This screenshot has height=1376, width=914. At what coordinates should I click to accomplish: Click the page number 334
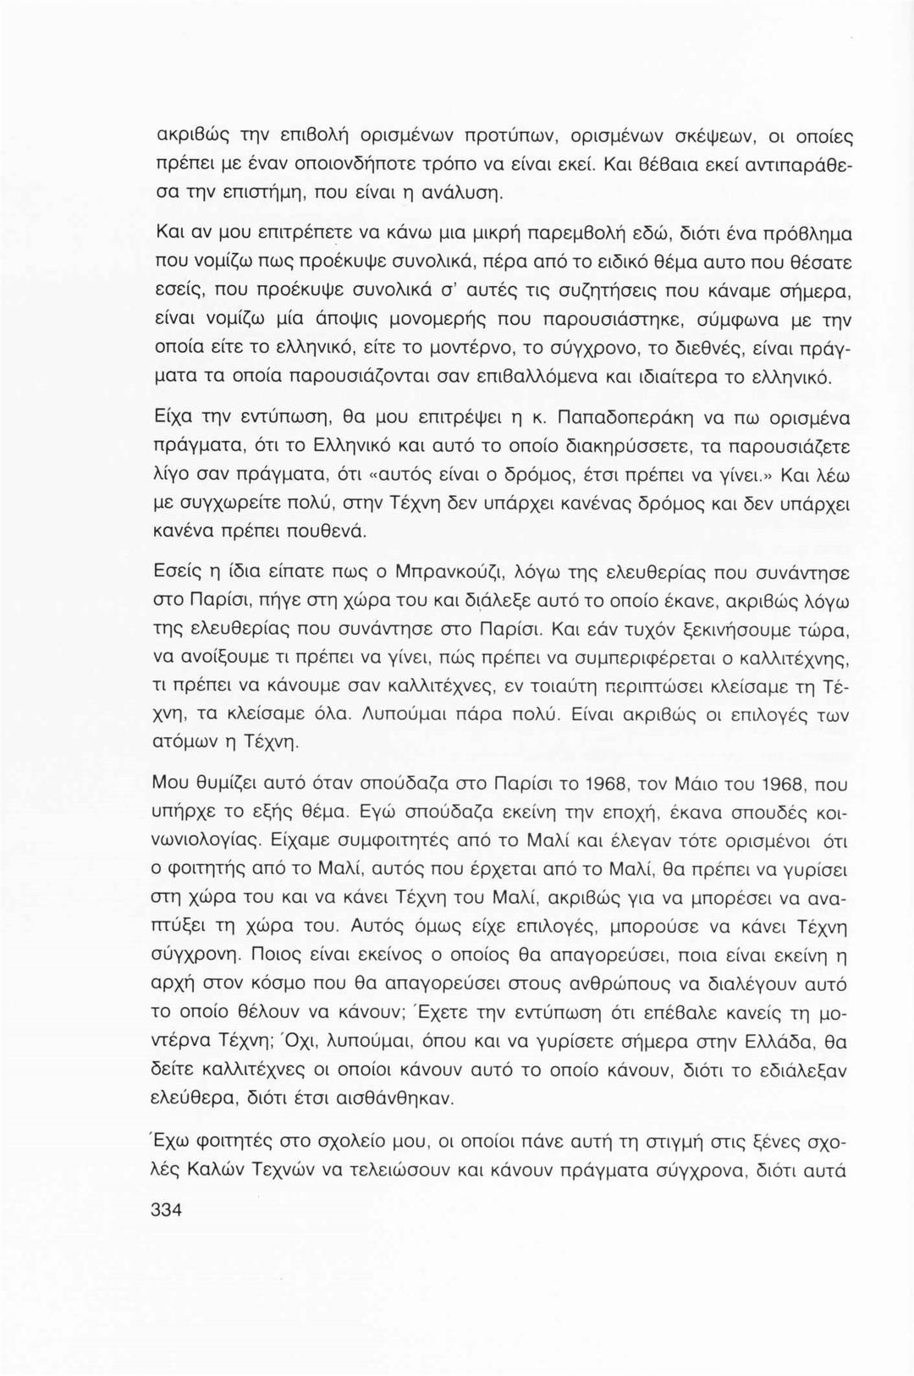point(165,1209)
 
